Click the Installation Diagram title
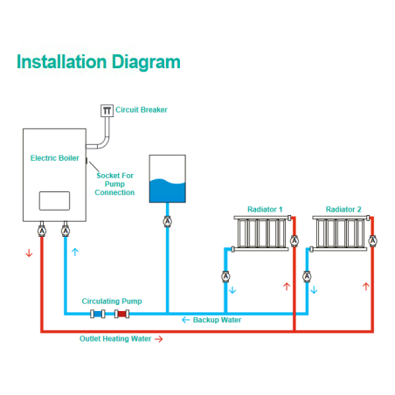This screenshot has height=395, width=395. pyautogui.click(x=99, y=62)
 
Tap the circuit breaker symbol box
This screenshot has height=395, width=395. pyautogui.click(x=107, y=110)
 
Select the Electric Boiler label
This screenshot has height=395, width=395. pyautogui.click(x=55, y=158)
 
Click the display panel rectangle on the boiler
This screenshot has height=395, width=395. pyautogui.click(x=54, y=201)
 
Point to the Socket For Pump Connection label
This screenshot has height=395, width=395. pyautogui.click(x=114, y=184)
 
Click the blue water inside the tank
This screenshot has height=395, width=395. pyautogui.click(x=168, y=191)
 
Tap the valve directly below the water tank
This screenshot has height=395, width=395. pyautogui.click(x=167, y=222)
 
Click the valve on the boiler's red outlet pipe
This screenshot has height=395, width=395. pyautogui.click(x=42, y=231)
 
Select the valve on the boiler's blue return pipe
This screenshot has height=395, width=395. pyautogui.click(x=66, y=231)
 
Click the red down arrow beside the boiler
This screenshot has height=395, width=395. pyautogui.click(x=29, y=253)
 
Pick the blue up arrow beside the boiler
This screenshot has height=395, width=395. pyautogui.click(x=75, y=252)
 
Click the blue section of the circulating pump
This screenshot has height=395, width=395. pyautogui.click(x=98, y=314)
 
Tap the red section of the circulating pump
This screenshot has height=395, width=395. pyautogui.click(x=121, y=314)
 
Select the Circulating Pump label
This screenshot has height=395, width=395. pyautogui.click(x=112, y=301)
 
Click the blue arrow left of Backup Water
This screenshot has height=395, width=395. pyautogui.click(x=185, y=320)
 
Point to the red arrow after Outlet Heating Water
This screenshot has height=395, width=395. pyautogui.click(x=159, y=339)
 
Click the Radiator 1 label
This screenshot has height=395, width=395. pyautogui.click(x=265, y=209)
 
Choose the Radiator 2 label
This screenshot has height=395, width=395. pyautogui.click(x=343, y=209)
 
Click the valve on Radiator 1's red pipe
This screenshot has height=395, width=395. pyautogui.click(x=295, y=241)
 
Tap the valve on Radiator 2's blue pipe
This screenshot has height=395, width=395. pyautogui.click(x=307, y=276)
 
